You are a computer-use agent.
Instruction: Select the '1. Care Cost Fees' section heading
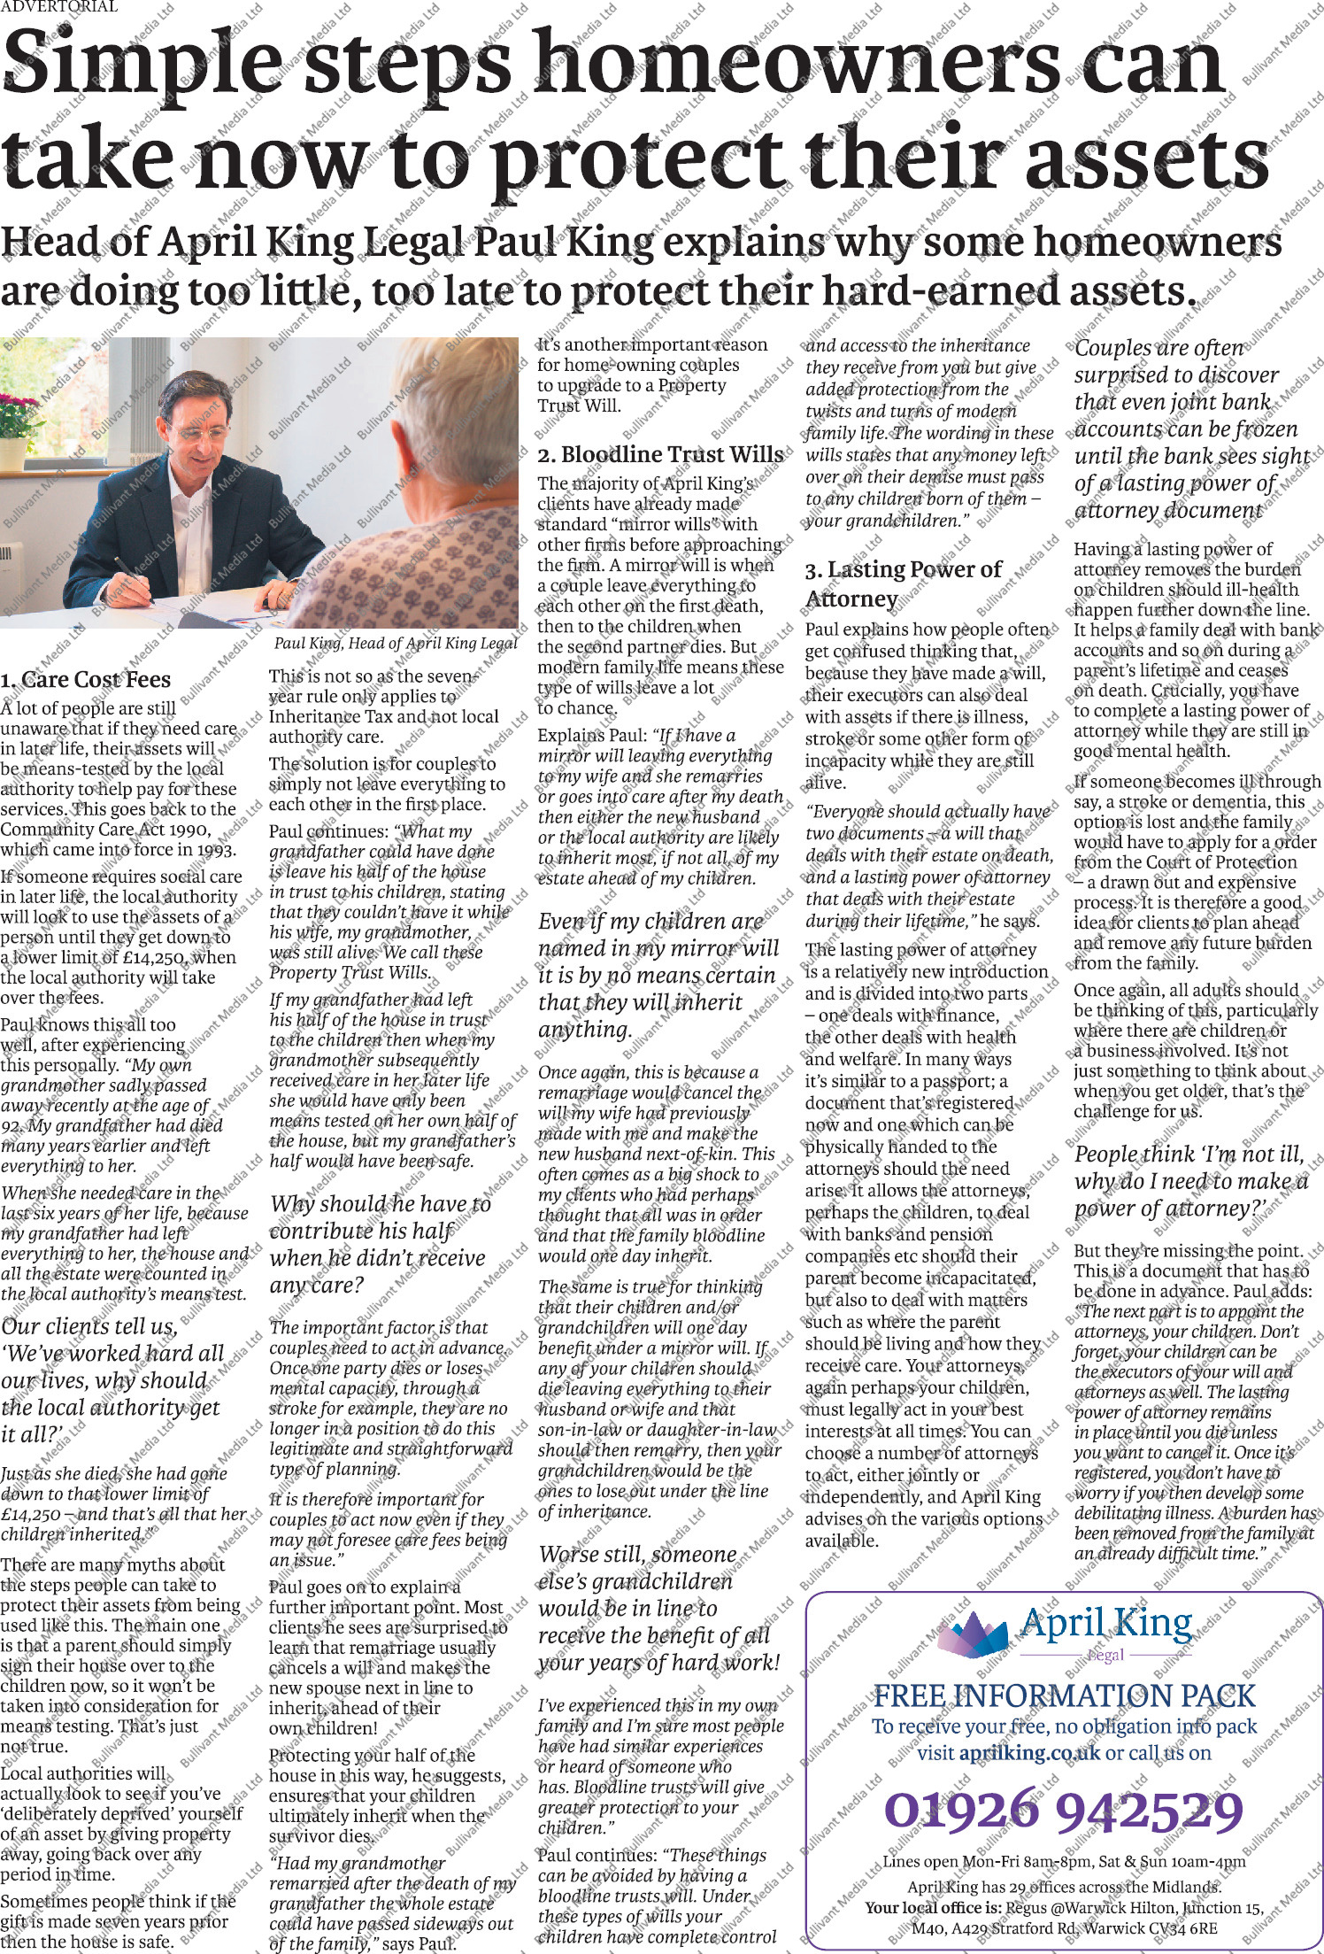(86, 680)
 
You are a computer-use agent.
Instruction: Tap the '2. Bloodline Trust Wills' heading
(660, 455)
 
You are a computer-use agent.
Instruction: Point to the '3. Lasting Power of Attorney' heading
(903, 583)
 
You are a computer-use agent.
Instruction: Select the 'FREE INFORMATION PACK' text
(1064, 1695)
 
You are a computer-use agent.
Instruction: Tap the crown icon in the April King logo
(972, 1631)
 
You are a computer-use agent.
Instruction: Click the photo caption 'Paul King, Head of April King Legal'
(395, 644)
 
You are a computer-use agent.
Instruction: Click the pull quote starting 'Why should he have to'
(378, 1244)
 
